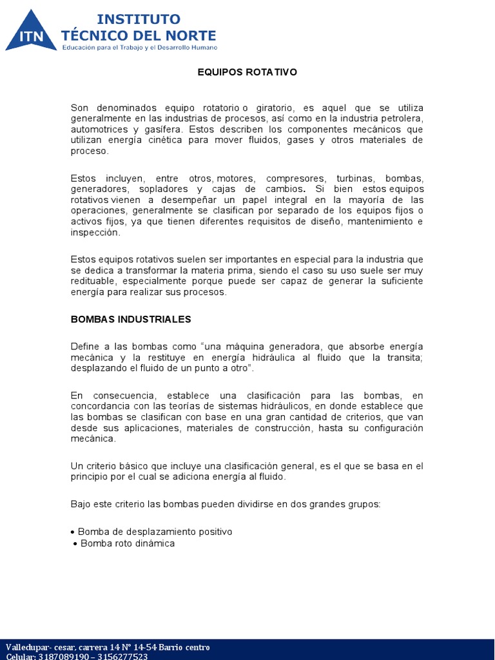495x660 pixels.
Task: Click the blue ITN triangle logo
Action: (31, 32)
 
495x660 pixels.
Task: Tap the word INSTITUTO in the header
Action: (138, 19)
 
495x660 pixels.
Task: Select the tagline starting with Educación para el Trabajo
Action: (139, 47)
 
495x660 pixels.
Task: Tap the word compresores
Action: (296, 179)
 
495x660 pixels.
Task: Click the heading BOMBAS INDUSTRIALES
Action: (131, 319)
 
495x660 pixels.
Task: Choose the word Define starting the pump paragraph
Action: (84, 347)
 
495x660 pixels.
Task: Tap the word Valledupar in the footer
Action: (27, 647)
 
